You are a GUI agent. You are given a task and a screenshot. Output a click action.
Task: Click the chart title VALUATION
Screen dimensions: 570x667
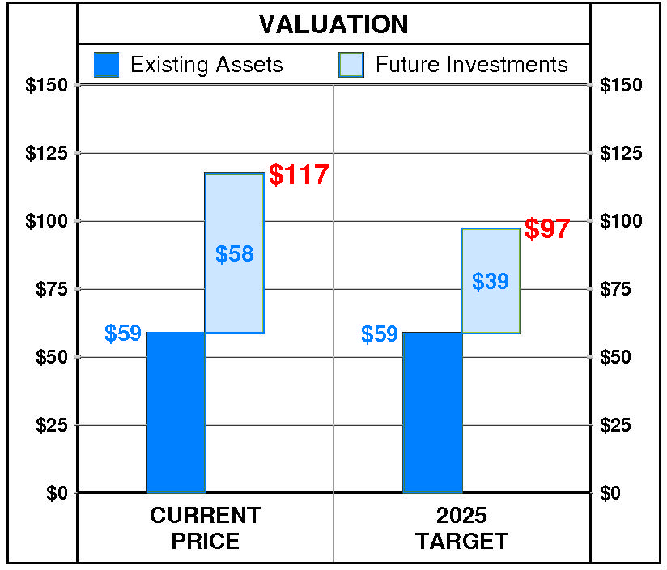point(333,24)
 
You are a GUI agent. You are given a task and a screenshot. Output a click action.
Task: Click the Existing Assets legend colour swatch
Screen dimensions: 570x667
point(107,65)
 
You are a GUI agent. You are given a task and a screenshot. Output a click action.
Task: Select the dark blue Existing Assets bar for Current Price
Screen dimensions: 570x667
point(175,412)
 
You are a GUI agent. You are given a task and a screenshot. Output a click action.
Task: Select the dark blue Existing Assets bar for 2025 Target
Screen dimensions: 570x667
point(431,412)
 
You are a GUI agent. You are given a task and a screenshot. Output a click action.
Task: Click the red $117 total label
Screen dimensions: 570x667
point(299,175)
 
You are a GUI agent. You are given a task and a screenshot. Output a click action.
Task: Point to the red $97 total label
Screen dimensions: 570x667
point(547,229)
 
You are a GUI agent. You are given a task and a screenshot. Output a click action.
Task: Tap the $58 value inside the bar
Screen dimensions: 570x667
point(234,254)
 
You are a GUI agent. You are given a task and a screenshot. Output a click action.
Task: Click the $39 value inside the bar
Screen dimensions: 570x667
point(491,282)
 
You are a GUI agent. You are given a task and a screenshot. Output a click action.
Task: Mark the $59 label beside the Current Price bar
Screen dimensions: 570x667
point(123,334)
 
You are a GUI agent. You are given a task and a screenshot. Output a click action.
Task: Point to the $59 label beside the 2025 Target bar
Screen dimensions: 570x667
point(380,334)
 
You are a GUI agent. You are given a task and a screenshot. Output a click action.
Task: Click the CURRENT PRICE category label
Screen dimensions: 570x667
point(206,528)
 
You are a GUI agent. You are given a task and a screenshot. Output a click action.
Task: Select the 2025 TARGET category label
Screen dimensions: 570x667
point(461,528)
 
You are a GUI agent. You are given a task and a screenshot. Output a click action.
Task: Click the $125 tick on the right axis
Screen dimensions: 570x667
point(620,153)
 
